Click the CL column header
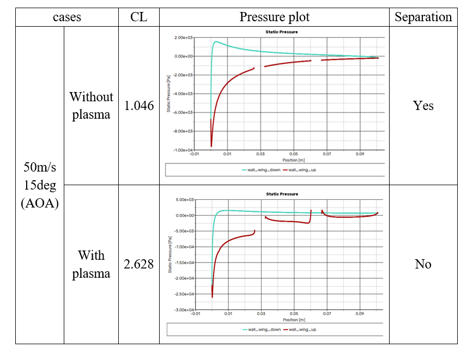pyautogui.click(x=139, y=17)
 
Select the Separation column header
pyautogui.click(x=423, y=17)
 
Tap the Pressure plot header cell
pyautogui.click(x=274, y=17)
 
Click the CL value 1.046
pyautogui.click(x=139, y=106)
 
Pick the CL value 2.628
pyautogui.click(x=139, y=264)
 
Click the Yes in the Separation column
pyautogui.click(x=423, y=106)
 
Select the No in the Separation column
pyautogui.click(x=423, y=264)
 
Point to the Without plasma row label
pyautogui.click(x=91, y=106)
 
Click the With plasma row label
pyautogui.click(x=91, y=264)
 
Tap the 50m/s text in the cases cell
pyautogui.click(x=40, y=168)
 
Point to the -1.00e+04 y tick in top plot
pyautogui.click(x=184, y=150)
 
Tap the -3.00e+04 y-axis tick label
pyautogui.click(x=184, y=310)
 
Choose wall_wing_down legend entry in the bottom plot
pyautogui.click(x=261, y=330)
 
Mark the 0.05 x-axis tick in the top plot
pyautogui.click(x=294, y=155)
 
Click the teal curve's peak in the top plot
pyautogui.click(x=216, y=41)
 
